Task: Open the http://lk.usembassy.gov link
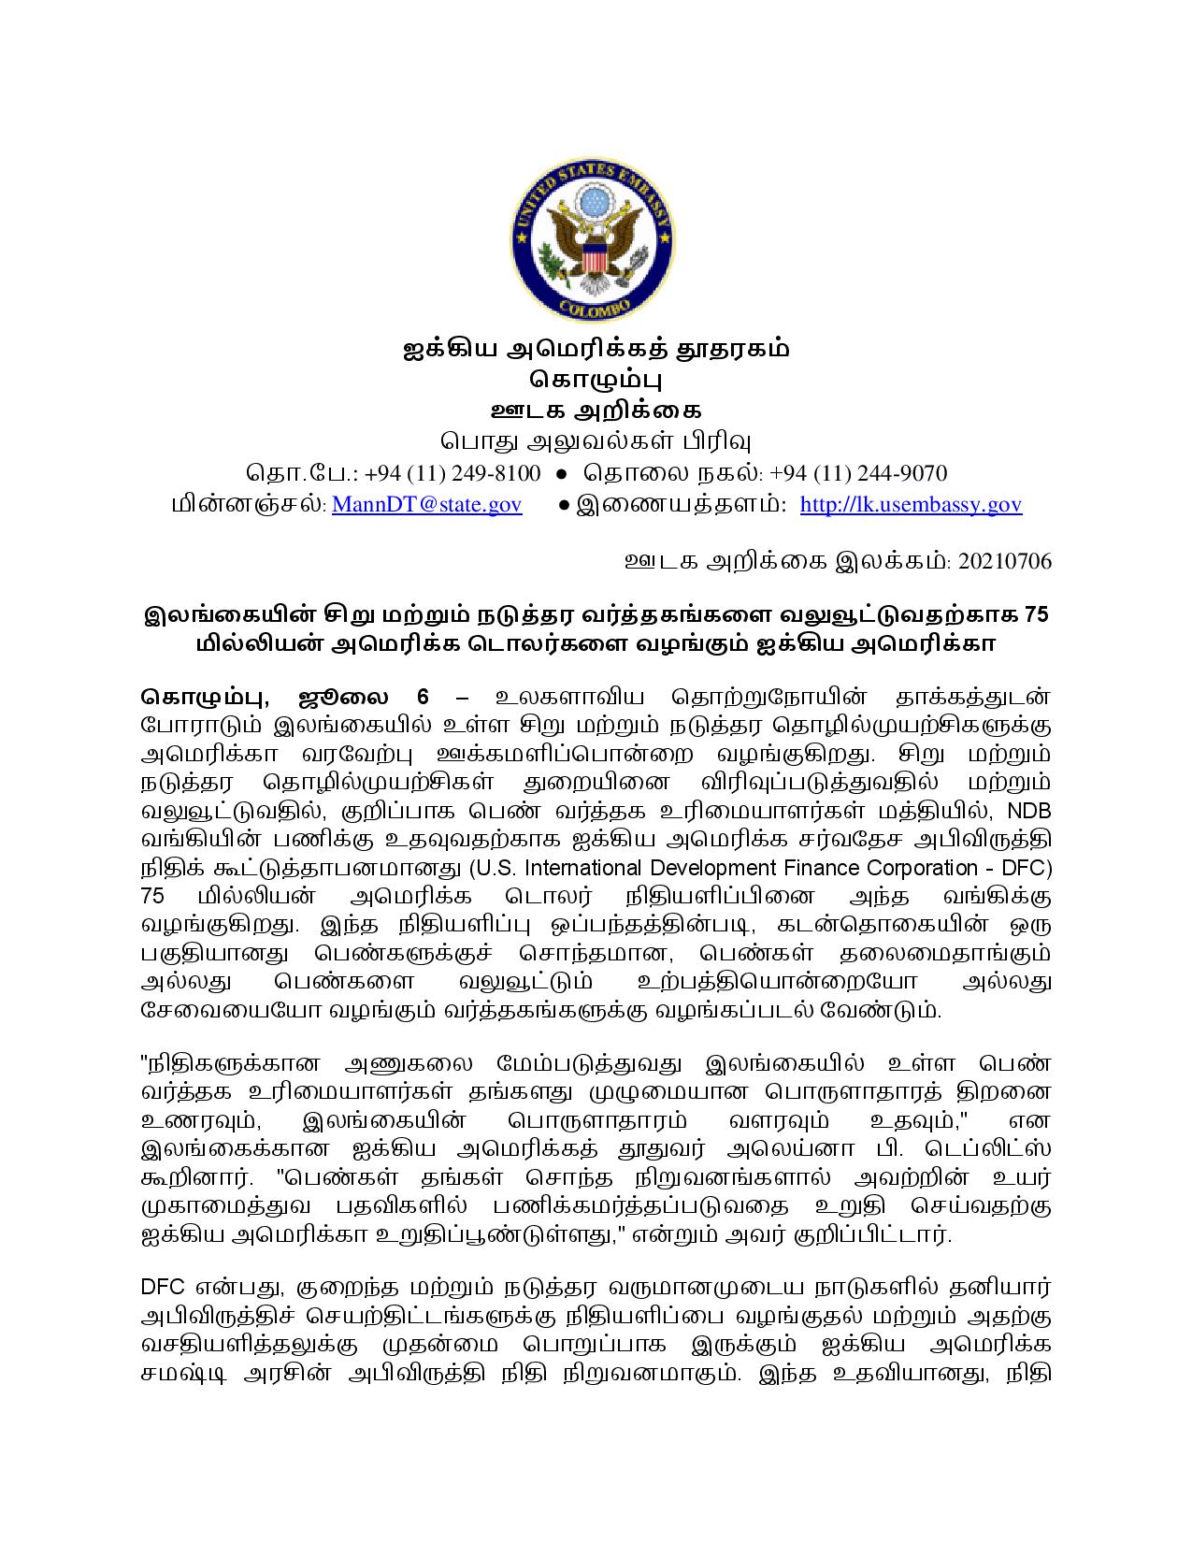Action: (x=911, y=504)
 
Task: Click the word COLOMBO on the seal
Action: (x=595, y=305)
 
